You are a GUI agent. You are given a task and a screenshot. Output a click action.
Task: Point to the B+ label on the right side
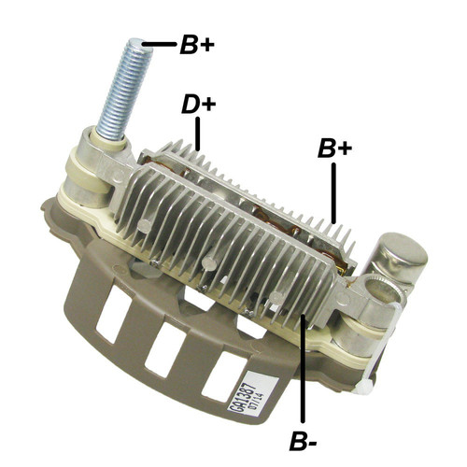(334, 148)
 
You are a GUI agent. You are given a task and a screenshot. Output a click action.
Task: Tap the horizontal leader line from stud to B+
(160, 44)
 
